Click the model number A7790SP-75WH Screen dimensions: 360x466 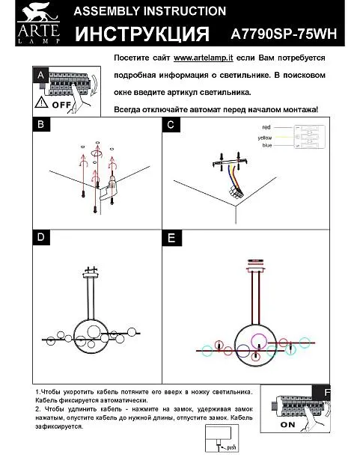tap(284, 34)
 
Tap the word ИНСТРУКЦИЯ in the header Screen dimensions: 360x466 tap(142, 34)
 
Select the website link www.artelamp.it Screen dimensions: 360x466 tap(204, 58)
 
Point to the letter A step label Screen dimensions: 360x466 tap(41, 76)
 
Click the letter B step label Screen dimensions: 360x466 tap(41, 124)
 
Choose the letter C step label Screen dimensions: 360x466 tap(171, 124)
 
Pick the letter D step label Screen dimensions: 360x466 tap(41, 237)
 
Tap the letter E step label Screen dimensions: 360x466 tap(171, 238)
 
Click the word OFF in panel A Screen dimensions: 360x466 tap(61, 105)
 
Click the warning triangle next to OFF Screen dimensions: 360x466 tap(41, 102)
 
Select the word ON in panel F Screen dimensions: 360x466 tap(287, 425)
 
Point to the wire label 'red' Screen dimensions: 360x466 tap(266, 127)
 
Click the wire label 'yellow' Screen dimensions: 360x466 tap(265, 138)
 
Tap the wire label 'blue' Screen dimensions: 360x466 tap(267, 145)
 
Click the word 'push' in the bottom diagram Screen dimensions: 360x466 tap(231, 447)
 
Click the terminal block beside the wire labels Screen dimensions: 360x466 tap(309, 137)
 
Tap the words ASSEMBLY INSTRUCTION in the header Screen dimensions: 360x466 tap(150, 11)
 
